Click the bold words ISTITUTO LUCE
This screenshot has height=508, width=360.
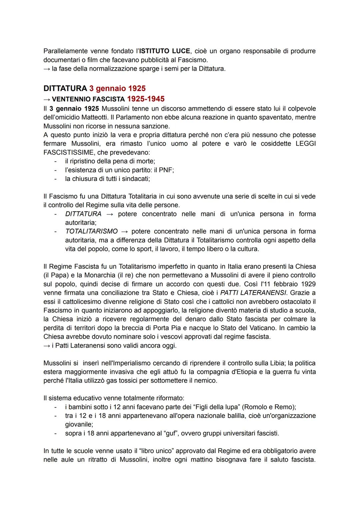pos(165,51)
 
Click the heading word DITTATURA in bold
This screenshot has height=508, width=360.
pos(65,89)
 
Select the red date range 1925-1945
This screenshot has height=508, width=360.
pos(146,99)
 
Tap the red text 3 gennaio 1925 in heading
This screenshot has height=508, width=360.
pos(117,89)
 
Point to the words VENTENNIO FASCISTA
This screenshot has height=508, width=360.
pos(88,99)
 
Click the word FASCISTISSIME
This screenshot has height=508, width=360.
pos(65,152)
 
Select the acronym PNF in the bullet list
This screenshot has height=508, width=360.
pos(166,170)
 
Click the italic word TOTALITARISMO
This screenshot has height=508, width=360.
pos(91,231)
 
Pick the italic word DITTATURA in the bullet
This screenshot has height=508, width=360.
pos(83,214)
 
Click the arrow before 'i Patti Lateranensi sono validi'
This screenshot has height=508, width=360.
pos(47,345)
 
